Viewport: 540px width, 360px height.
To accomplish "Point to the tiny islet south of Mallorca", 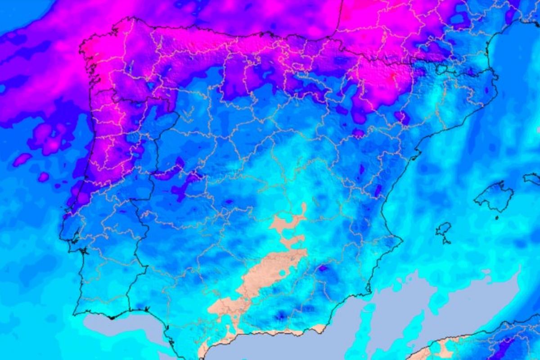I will [497, 217].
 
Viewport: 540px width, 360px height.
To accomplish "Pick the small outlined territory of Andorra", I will [441, 69].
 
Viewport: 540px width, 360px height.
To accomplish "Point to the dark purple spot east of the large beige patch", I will [323, 269].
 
